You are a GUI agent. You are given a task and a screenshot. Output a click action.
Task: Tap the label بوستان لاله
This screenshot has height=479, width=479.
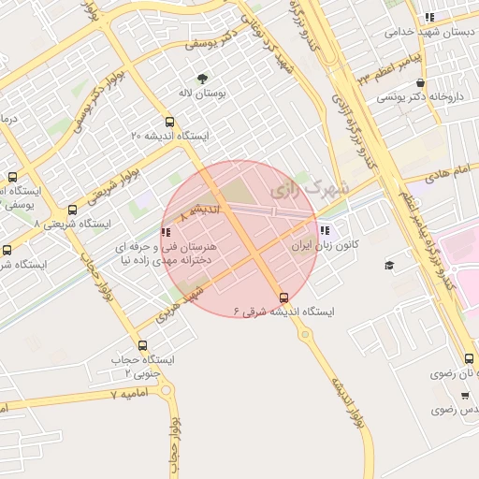pyautogui.click(x=198, y=94)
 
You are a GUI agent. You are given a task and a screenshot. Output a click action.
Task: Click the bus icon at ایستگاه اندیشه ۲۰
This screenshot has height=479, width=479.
pyautogui.click(x=169, y=121)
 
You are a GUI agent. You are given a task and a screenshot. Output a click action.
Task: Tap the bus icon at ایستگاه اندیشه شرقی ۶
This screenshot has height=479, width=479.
pyautogui.click(x=283, y=298)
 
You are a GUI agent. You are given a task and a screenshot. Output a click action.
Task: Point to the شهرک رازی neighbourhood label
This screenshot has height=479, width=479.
pyautogui.click(x=310, y=188)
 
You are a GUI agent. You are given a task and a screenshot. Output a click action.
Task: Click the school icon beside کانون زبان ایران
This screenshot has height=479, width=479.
pyautogui.click(x=325, y=230)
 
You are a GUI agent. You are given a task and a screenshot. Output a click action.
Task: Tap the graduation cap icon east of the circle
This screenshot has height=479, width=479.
pyautogui.click(x=389, y=266)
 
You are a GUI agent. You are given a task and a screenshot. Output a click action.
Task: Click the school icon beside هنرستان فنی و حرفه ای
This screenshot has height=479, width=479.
pyautogui.click(x=166, y=232)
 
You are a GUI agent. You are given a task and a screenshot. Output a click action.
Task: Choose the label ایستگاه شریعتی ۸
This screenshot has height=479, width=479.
pyautogui.click(x=73, y=225)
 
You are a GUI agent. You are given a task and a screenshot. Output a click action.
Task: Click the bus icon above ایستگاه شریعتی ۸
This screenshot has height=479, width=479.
pyautogui.click(x=73, y=210)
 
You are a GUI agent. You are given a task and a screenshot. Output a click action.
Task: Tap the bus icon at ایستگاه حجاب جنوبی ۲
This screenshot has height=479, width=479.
pyautogui.click(x=142, y=345)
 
